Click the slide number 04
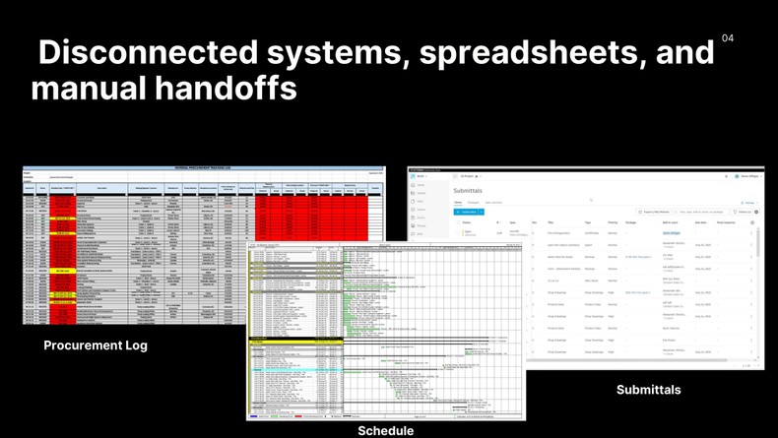click(728, 38)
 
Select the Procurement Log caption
click(96, 345)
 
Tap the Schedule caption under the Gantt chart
click(385, 430)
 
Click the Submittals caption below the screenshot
click(648, 390)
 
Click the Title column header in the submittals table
click(551, 222)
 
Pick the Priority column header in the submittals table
click(613, 222)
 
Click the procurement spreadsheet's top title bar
click(202, 168)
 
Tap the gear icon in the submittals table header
click(751, 222)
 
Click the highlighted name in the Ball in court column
click(672, 233)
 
